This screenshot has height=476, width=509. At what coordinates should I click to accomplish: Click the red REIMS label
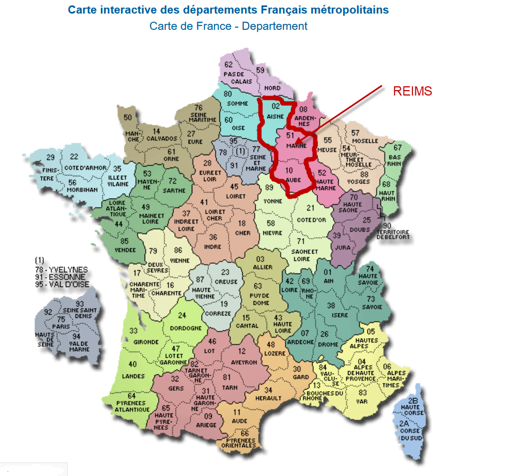coord(413,92)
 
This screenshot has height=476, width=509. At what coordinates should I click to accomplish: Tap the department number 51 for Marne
coord(290,136)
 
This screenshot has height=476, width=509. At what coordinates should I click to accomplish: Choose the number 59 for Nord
coord(260,71)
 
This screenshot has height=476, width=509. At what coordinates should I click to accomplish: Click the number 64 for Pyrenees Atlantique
coord(132,396)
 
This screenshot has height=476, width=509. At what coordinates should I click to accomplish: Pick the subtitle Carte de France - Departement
coord(228,26)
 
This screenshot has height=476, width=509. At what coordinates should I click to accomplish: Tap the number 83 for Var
coord(363,392)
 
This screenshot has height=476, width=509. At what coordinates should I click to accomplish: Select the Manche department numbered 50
coord(128,117)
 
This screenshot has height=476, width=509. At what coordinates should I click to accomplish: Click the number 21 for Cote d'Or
coord(310,208)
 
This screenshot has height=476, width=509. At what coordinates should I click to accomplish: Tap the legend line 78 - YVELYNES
coord(60,269)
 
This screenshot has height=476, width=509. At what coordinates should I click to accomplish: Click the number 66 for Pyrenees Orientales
coord(244,433)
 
